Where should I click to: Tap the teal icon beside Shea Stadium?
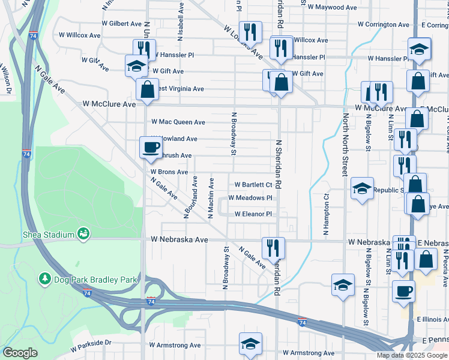[x=83, y=234]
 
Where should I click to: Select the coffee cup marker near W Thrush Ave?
[x=150, y=147]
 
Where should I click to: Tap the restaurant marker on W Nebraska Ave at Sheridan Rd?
[x=273, y=247]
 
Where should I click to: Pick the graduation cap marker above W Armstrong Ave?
[x=250, y=343]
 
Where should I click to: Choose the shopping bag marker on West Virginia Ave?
[x=147, y=89]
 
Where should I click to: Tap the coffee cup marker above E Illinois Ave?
[x=403, y=292]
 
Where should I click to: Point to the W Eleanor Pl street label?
[x=253, y=214]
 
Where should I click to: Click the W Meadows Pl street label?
[x=250, y=198]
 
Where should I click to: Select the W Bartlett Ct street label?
[x=253, y=185]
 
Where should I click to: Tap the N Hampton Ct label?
[x=326, y=213]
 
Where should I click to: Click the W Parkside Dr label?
[x=91, y=344]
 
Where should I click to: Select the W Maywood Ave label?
[x=332, y=8]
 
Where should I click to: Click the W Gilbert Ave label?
[x=121, y=23]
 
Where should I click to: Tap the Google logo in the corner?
[x=20, y=353]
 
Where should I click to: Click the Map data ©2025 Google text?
[x=412, y=355]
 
